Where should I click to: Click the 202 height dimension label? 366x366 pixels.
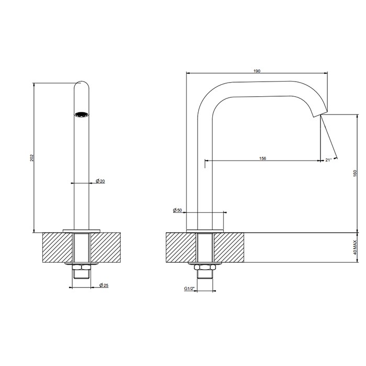tap(32, 158)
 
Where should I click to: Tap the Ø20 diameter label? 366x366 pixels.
tap(100, 181)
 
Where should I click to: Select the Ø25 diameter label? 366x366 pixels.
tap(104, 285)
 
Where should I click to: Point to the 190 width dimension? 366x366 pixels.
tap(257, 71)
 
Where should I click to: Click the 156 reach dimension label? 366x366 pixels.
tap(262, 158)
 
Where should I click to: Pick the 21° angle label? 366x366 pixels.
tap(328, 160)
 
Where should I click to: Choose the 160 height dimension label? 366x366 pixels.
tap(355, 173)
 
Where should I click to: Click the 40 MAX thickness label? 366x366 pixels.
tap(355, 247)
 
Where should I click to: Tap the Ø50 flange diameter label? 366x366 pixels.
tap(177, 210)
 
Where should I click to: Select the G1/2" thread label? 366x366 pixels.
tap(189, 289)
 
